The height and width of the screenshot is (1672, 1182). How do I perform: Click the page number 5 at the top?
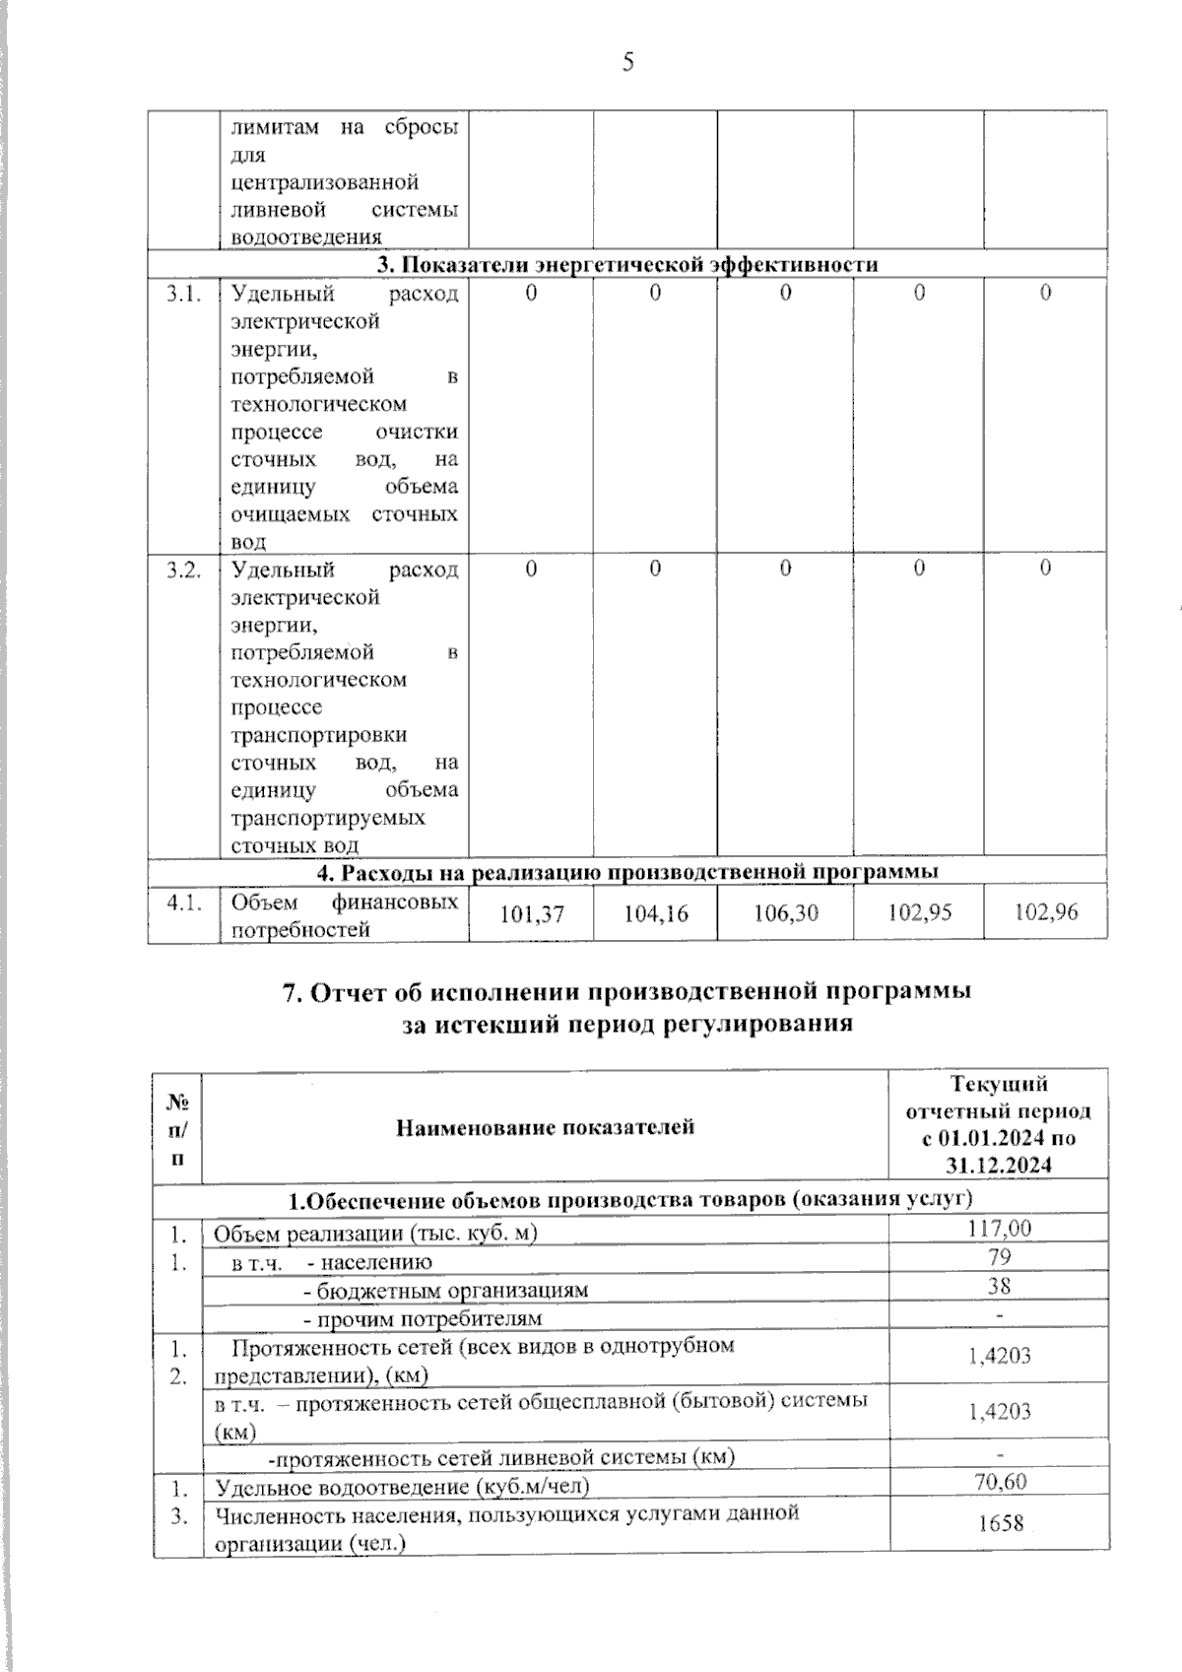click(x=628, y=63)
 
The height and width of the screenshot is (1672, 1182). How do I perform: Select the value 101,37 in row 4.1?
click(x=532, y=914)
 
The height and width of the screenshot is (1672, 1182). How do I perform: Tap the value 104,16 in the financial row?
click(x=656, y=914)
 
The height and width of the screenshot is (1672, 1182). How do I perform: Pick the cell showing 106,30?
click(x=785, y=914)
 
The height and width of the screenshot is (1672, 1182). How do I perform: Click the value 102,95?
click(x=919, y=912)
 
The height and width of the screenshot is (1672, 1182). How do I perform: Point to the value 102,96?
click(x=1046, y=912)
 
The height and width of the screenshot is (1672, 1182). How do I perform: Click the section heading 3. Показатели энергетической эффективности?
click(x=628, y=264)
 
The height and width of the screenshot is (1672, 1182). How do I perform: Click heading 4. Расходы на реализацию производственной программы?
click(x=628, y=872)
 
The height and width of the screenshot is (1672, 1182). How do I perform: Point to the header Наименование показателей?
click(x=545, y=1126)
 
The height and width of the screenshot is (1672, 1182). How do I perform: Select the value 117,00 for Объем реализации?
click(x=999, y=1228)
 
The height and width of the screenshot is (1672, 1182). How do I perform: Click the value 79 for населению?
click(x=999, y=1257)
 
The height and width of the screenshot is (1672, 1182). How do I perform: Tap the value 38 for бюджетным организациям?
click(x=999, y=1286)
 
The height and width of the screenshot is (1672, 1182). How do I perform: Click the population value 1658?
click(x=999, y=1524)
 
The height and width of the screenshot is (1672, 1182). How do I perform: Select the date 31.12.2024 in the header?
click(x=999, y=1165)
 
